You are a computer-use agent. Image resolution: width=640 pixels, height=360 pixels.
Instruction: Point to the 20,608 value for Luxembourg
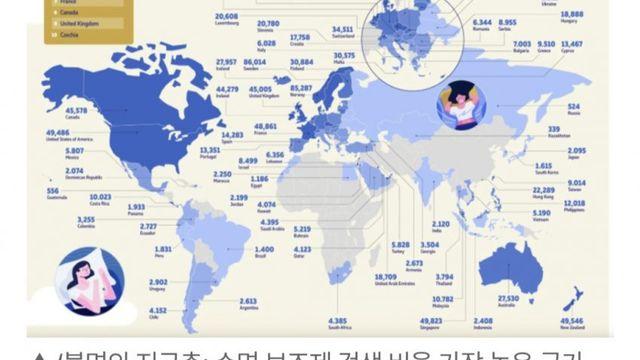pyautogui.click(x=226, y=17)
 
